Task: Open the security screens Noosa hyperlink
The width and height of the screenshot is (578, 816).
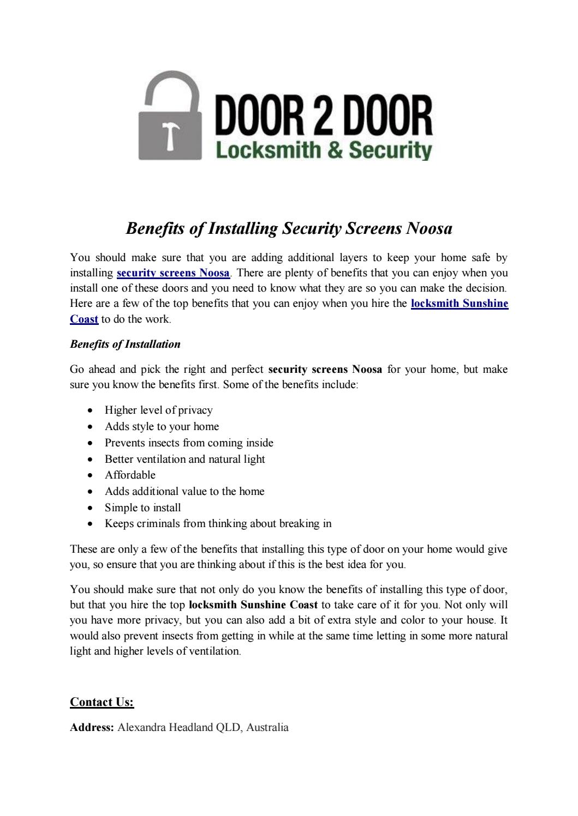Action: (x=173, y=273)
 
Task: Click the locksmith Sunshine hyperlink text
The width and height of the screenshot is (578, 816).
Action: (x=459, y=304)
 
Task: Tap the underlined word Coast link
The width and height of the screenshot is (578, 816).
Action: (x=84, y=319)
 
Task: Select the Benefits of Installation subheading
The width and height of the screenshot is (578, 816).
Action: (x=125, y=344)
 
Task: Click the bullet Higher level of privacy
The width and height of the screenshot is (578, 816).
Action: (x=158, y=410)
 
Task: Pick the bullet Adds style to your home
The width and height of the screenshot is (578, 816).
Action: (x=162, y=426)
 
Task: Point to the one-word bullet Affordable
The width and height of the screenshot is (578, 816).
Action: (x=130, y=475)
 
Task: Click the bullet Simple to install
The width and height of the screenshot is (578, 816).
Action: (x=142, y=507)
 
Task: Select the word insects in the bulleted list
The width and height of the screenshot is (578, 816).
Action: (x=164, y=443)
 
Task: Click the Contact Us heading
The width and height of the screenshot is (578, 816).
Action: (x=102, y=702)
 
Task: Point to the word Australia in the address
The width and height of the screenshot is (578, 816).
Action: (x=267, y=727)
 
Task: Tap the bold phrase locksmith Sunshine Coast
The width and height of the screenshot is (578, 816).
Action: (x=253, y=605)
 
